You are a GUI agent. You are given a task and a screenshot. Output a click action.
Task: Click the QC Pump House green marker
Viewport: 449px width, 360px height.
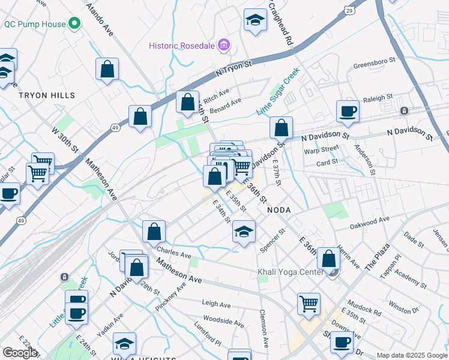[74, 25]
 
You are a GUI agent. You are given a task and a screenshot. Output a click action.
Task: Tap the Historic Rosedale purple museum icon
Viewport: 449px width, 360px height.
[224, 44]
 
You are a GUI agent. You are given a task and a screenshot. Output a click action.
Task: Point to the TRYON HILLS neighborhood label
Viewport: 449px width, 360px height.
[47, 95]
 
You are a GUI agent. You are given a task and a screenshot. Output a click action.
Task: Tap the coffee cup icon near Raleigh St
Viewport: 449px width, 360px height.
[348, 111]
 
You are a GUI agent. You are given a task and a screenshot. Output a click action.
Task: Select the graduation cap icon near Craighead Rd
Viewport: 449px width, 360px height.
[255, 20]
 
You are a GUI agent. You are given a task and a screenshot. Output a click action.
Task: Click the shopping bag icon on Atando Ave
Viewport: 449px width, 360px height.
[107, 69]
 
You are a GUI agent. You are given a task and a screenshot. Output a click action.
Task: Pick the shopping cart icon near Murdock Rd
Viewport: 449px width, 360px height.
[309, 303]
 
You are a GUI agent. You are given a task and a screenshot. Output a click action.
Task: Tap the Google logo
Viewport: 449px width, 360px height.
[20, 353]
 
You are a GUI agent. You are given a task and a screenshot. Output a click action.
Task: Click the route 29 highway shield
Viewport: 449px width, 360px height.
[349, 10]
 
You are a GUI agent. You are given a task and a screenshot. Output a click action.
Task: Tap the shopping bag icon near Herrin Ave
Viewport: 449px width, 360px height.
[328, 259]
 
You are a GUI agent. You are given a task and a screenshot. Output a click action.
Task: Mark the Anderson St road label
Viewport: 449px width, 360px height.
[364, 158]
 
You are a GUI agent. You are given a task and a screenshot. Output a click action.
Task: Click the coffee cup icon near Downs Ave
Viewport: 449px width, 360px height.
[342, 343]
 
